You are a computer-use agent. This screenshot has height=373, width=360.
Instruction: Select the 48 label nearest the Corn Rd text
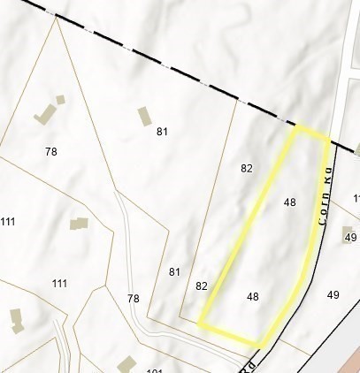[289, 202]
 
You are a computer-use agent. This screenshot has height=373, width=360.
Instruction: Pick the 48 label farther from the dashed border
[253, 297]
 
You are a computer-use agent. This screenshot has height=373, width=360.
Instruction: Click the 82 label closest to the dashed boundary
[247, 167]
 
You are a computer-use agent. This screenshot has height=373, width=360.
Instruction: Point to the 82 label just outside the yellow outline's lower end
[202, 285]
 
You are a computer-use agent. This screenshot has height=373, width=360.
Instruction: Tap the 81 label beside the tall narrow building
[162, 132]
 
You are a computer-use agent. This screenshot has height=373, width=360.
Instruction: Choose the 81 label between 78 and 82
[174, 271]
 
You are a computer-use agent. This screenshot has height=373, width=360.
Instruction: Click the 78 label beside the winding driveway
[134, 299]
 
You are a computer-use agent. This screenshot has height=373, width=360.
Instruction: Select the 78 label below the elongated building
[50, 152]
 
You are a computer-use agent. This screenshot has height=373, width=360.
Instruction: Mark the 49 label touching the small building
[350, 238]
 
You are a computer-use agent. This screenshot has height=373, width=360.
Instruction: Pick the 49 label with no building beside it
[333, 294]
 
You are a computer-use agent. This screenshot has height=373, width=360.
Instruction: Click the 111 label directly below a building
[59, 283]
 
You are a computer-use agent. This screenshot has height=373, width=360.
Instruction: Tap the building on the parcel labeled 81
[144, 117]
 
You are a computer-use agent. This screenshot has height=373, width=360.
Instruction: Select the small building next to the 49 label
[347, 231]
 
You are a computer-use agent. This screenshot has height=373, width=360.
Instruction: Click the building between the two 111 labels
[79, 225]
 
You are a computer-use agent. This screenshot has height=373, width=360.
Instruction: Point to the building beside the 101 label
[126, 362]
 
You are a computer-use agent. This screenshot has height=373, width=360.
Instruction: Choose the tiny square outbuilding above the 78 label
[60, 100]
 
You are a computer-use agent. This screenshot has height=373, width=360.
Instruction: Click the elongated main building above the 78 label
[44, 114]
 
